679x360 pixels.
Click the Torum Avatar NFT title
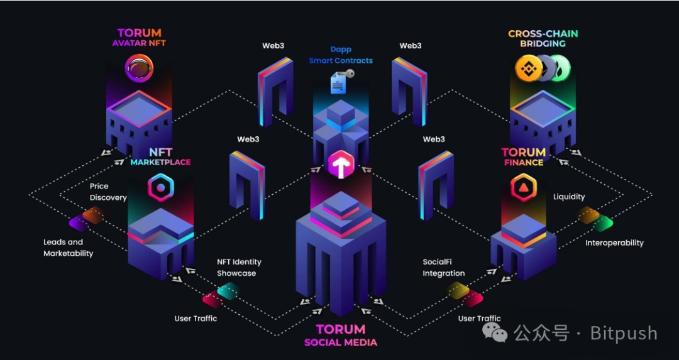[139, 38]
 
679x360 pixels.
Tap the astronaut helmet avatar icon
[139, 67]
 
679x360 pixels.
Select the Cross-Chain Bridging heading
[543, 38]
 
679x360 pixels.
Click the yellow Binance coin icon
[528, 68]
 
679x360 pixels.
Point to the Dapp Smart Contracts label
[341, 55]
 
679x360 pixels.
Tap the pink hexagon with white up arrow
[341, 165]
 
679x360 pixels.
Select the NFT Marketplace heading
[161, 156]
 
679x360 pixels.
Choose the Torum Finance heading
[524, 157]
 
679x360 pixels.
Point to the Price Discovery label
[108, 192]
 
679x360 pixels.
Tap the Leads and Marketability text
[68, 248]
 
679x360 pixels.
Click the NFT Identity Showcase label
[239, 268]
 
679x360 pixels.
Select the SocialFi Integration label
[444, 268]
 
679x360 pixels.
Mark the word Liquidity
[569, 197]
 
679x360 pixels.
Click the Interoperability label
[614, 243]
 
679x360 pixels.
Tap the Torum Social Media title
[341, 335]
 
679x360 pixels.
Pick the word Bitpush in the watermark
[624, 333]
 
